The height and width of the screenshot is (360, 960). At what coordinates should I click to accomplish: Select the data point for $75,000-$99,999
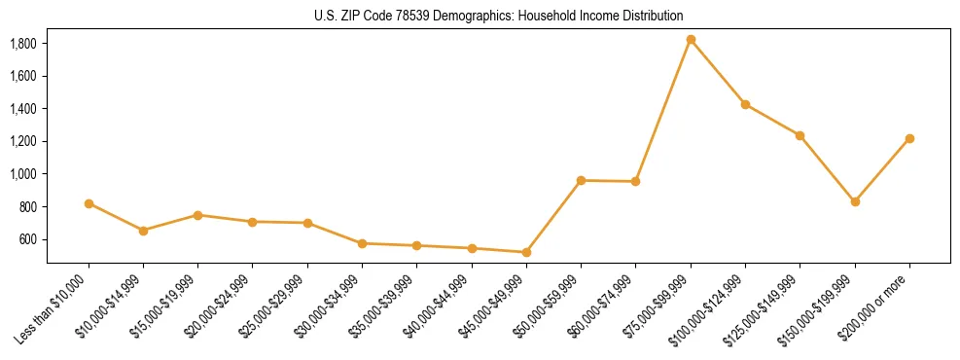coord(691,40)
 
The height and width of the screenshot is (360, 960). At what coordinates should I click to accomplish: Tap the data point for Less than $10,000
coord(89,203)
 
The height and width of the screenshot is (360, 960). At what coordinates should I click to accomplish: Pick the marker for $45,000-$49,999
coord(526,252)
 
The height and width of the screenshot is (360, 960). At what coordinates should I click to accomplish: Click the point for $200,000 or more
coord(909,138)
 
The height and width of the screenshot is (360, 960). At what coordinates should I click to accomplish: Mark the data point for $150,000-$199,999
coord(855,201)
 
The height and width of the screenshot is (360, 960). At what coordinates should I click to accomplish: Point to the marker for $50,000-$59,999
coord(581,180)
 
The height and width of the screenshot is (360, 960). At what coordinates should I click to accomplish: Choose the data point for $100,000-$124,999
coord(745,104)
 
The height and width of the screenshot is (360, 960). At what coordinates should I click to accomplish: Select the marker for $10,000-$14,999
coord(143,231)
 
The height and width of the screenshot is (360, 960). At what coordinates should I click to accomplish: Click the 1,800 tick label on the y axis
coord(22,44)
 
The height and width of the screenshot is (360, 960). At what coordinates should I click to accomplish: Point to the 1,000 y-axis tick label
coord(22,174)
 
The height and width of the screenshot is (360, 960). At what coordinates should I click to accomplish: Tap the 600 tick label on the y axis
coord(27,239)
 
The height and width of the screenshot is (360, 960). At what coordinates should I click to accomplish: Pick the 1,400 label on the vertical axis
coord(22,109)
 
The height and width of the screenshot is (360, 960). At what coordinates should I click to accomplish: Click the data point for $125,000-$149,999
coord(800,135)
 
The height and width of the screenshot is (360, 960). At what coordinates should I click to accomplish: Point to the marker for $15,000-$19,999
coord(197,215)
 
